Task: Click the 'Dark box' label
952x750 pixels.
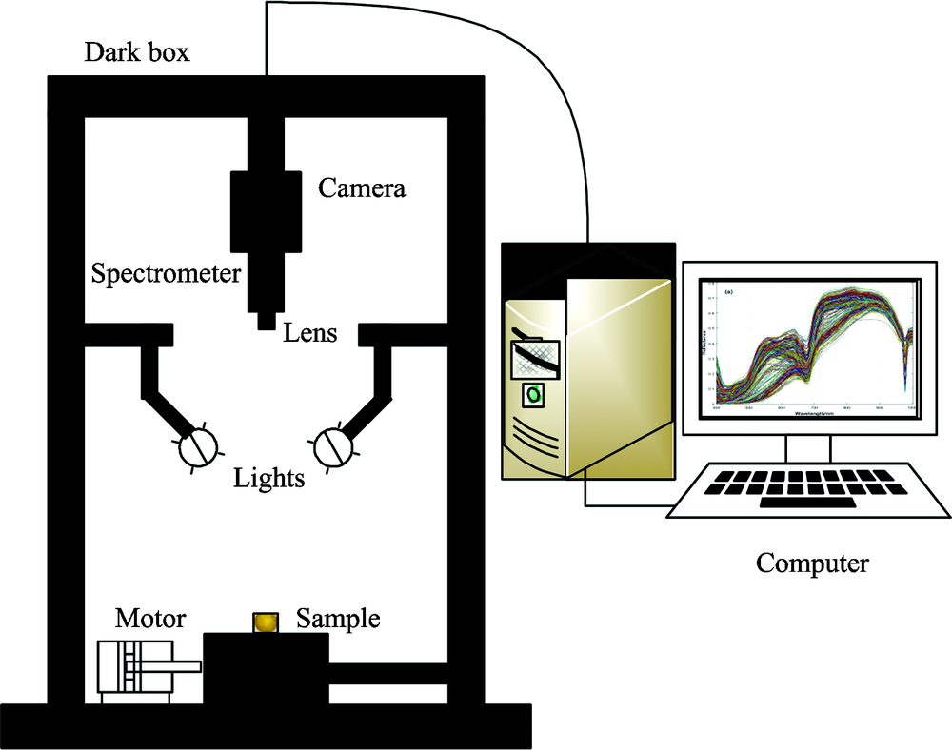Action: pos(137,51)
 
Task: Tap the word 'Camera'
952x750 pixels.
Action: pos(361,188)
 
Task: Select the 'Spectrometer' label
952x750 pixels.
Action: pos(166,275)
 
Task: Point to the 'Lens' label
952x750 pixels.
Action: pos(308,333)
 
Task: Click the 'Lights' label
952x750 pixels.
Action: pos(269,478)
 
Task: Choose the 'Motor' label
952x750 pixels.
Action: pos(150,620)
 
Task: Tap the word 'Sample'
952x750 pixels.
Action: pos(338,620)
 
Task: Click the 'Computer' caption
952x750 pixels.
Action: pos(812,563)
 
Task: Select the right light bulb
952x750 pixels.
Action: pos(332,446)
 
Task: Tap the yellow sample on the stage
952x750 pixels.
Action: pos(266,622)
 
